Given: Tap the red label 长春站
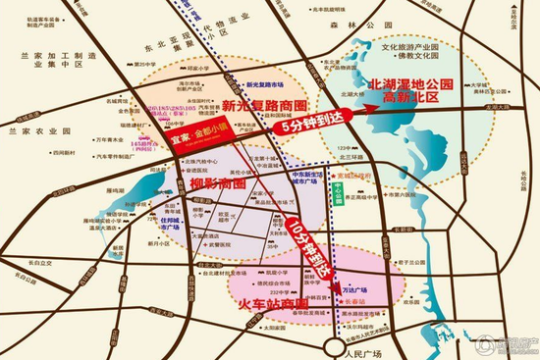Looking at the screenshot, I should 359,304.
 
